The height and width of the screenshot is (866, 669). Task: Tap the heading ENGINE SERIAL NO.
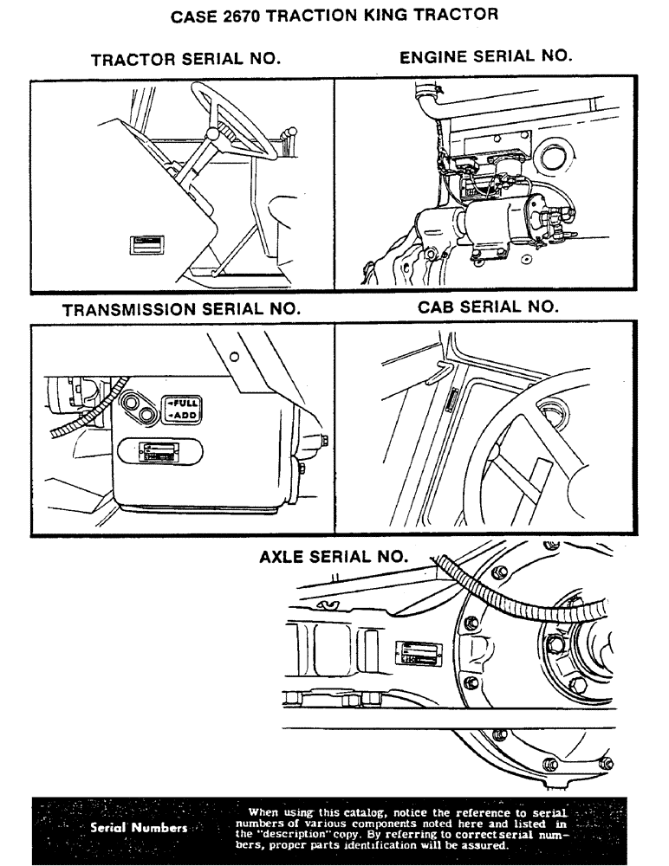point(485,56)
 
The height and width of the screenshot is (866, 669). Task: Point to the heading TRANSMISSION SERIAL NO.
point(181,308)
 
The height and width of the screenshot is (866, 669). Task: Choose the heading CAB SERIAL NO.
point(488,307)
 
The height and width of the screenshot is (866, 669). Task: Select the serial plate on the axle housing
point(419,654)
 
